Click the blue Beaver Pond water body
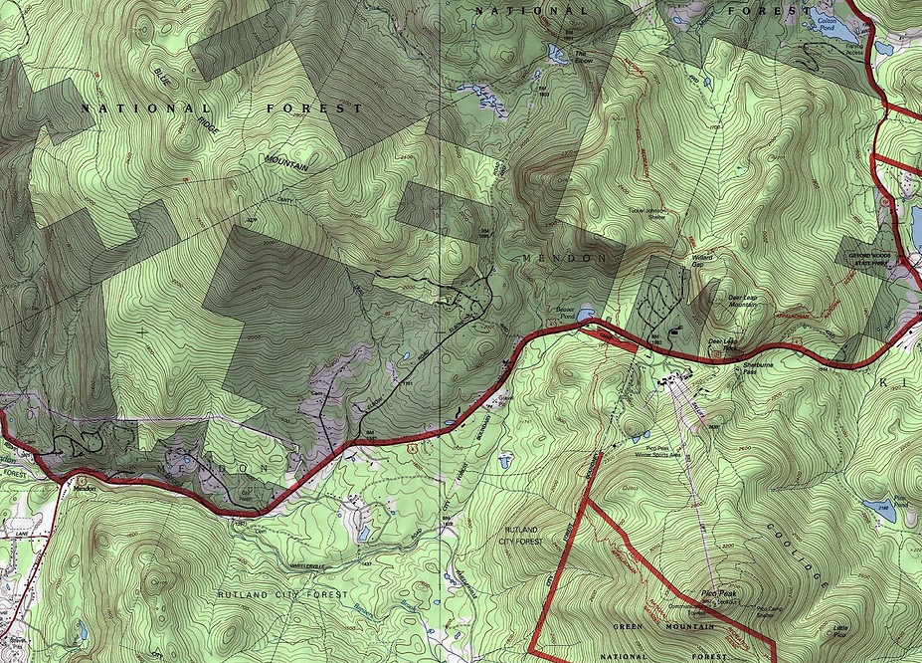coord(587,315)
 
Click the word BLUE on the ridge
coord(163,79)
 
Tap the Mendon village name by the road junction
coord(83,487)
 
